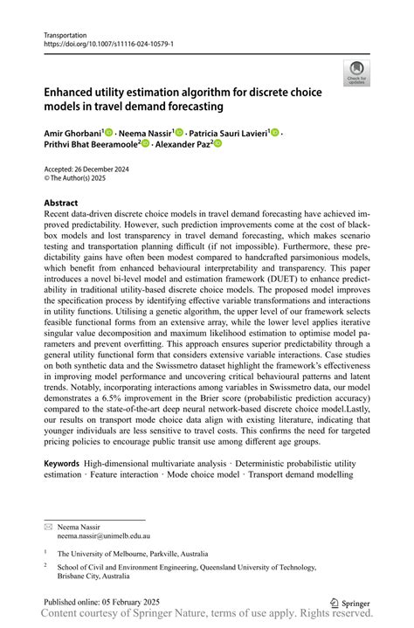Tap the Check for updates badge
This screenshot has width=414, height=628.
click(x=355, y=73)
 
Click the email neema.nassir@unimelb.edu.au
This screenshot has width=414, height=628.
click(x=103, y=535)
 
